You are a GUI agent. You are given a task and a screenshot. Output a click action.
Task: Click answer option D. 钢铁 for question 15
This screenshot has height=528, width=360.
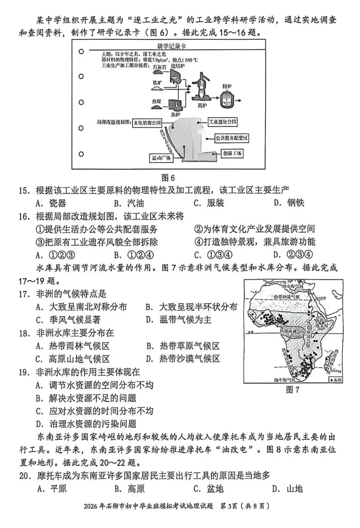289,203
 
